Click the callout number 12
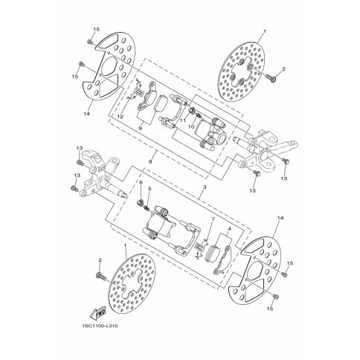[120, 117]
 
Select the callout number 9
[139, 128]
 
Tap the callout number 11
[181, 120]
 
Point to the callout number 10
[190, 128]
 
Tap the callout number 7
[211, 220]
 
